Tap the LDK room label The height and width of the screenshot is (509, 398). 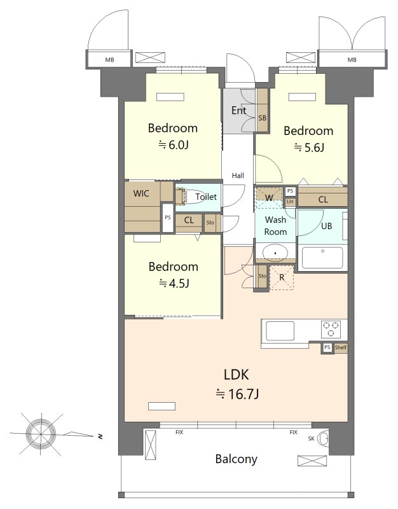coord(236,375)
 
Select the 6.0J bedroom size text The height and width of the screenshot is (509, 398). coord(173,145)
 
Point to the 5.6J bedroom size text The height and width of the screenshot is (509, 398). coord(309,148)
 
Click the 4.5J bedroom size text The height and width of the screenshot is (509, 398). coord(174,283)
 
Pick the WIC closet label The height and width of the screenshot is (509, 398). coord(141,193)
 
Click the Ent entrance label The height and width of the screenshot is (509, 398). coord(238,110)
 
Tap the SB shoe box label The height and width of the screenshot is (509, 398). coord(262,118)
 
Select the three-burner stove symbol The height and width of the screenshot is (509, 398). coord(331,329)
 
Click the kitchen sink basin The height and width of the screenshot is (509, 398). coord(280,331)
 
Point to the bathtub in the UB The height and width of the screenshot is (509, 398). coord(322,258)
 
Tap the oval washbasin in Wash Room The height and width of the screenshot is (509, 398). coord(275,253)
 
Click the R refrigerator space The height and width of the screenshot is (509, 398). coord(282,277)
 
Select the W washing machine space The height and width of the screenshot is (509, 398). coord(269,197)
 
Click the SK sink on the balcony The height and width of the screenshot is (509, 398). coord(323,438)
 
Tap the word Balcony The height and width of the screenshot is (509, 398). coord(236,459)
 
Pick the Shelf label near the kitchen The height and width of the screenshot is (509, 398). coord(341,347)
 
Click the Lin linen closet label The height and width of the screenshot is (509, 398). coord(290,202)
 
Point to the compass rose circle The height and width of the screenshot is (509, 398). coord(41,434)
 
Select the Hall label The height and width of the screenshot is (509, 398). coord(238,176)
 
